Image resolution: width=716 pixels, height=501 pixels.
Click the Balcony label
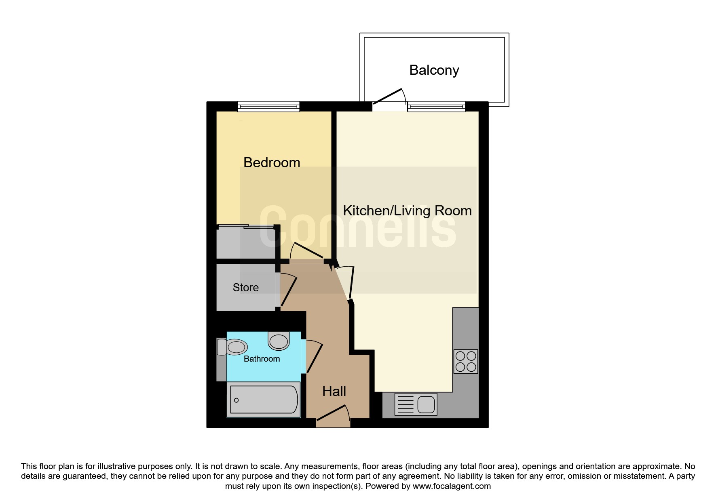(x=434, y=70)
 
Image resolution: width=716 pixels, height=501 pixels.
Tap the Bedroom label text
(x=272, y=162)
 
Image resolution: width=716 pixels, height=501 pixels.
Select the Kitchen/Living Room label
(x=407, y=211)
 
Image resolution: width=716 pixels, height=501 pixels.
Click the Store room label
(x=245, y=287)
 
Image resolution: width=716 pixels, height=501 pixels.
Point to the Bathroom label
(x=262, y=359)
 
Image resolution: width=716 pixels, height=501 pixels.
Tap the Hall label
(x=334, y=391)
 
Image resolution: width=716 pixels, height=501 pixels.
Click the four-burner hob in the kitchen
(x=466, y=361)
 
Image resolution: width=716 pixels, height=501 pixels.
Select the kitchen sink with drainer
(x=416, y=404)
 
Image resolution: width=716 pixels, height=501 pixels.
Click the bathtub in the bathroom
(x=264, y=400)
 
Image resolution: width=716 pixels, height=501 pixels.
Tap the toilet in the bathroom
(x=232, y=347)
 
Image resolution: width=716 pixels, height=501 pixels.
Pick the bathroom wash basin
(x=279, y=341)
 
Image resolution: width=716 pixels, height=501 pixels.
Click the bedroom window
(x=268, y=106)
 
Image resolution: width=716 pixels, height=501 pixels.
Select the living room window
(x=436, y=106)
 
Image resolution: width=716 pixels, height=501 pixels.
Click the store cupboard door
(x=289, y=290)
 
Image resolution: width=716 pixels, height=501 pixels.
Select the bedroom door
(x=306, y=250)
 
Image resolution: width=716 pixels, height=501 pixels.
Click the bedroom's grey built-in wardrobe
(x=246, y=242)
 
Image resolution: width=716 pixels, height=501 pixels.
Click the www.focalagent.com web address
(x=452, y=486)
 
